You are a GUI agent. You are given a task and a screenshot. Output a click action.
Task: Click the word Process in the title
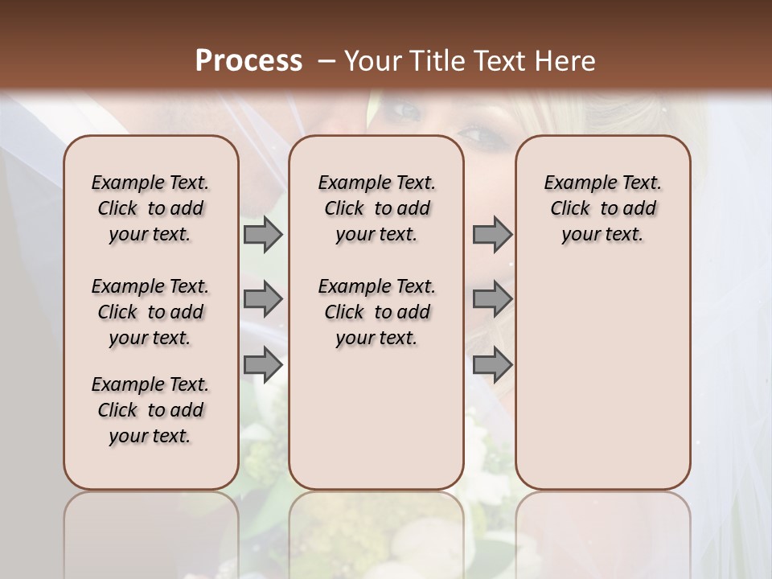coord(248,61)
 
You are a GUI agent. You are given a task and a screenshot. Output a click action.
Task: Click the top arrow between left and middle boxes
coord(263,235)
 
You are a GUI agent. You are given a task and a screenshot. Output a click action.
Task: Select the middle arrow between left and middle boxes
coord(263,300)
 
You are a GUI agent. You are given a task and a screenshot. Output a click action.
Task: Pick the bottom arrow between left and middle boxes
coord(263,365)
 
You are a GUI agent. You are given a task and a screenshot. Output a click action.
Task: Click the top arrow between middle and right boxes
coord(492,235)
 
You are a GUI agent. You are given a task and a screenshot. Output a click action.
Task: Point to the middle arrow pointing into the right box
coord(492,300)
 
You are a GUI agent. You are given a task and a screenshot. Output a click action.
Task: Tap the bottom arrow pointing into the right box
coord(492,365)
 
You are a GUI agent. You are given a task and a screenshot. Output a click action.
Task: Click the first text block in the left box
coord(150,208)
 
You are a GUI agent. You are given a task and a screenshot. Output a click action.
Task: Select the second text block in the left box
coord(150,312)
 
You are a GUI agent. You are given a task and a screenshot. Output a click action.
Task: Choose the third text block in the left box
coord(150,410)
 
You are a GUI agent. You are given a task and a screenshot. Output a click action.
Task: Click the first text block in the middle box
coord(376,208)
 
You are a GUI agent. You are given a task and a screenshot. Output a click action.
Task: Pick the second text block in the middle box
coord(376,312)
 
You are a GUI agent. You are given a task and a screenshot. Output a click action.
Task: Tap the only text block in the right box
coord(602,208)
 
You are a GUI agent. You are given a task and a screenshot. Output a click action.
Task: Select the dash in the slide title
coord(326,61)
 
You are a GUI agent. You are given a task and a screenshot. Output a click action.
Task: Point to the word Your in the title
coord(367,61)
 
